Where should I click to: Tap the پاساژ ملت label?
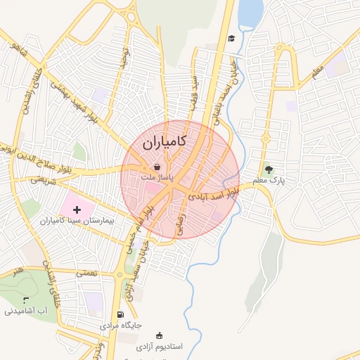(158, 179)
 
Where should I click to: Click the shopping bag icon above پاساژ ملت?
(157, 167)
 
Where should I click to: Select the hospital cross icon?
(77, 210)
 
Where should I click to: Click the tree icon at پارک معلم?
(268, 169)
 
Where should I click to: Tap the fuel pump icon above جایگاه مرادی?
(120, 314)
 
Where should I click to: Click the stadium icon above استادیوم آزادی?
(158, 335)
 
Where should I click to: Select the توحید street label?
(125, 56)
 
